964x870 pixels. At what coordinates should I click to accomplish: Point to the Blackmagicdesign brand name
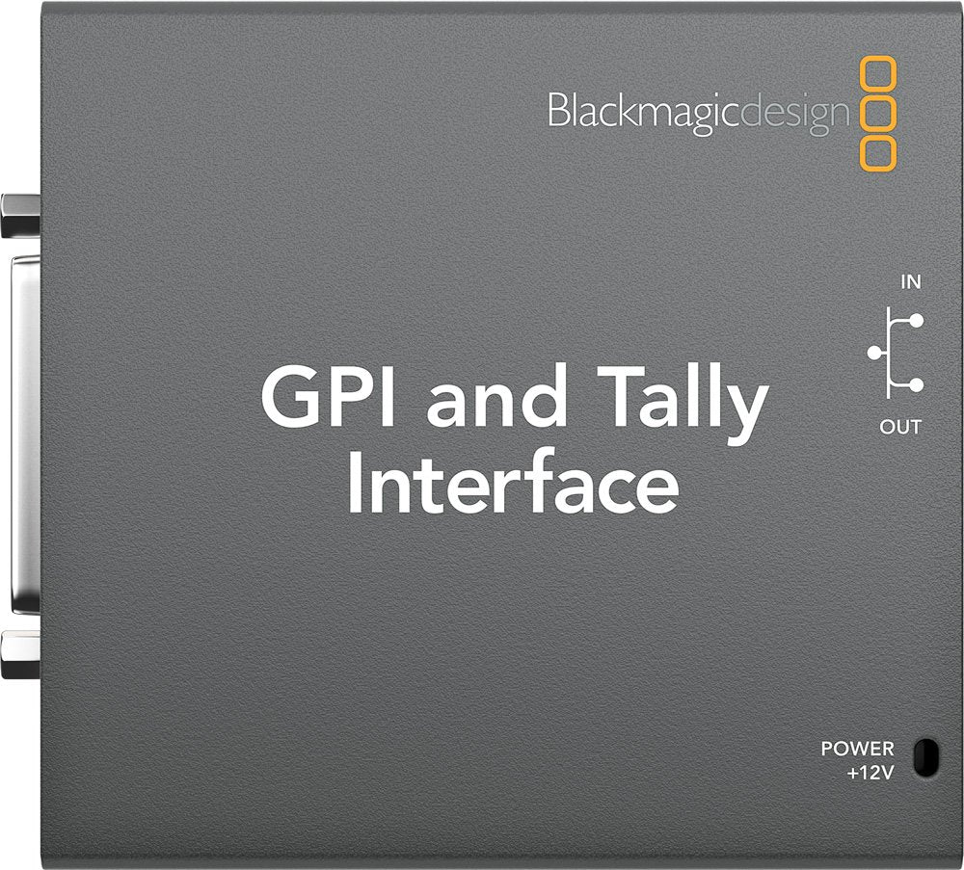(699, 111)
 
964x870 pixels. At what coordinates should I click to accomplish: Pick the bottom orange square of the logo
(879, 151)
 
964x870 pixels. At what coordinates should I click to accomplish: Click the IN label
(909, 283)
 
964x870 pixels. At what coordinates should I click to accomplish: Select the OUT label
(900, 426)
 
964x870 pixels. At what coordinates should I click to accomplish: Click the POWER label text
(857, 748)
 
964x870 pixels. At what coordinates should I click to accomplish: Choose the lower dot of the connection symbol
(917, 385)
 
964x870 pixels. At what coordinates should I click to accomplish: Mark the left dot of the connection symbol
(874, 353)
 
